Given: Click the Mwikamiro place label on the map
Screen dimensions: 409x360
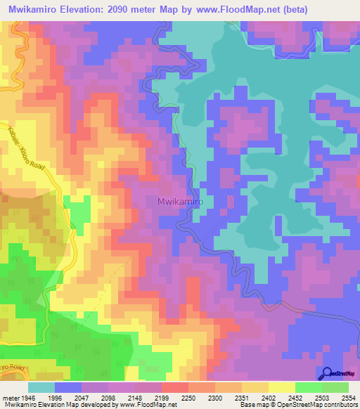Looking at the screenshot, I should tap(179, 201).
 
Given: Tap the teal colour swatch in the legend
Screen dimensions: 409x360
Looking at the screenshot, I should tap(41, 387).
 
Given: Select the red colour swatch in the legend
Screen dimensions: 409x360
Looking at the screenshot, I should tap(175, 387).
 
